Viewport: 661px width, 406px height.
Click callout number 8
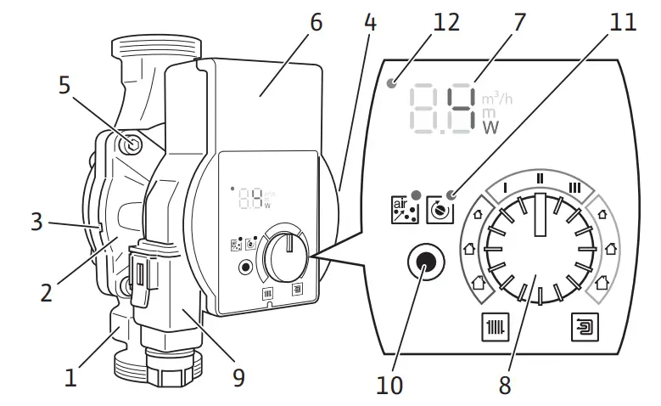pyautogui.click(x=505, y=386)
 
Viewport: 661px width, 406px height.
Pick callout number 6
pyautogui.click(x=316, y=23)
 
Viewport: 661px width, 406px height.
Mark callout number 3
pyautogui.click(x=36, y=223)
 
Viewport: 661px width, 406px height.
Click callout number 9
pyautogui.click(x=238, y=376)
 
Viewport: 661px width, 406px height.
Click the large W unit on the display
pyautogui.click(x=491, y=128)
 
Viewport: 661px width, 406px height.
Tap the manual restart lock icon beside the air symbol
pyautogui.click(x=437, y=209)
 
